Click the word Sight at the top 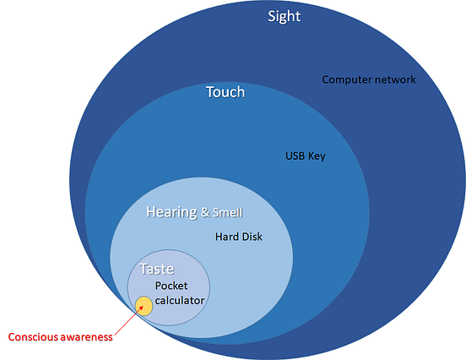284,16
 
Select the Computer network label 368,79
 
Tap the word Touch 225,91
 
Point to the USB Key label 305,156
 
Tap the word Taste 156,270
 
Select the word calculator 180,300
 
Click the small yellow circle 144,305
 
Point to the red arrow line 123,320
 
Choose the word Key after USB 317,156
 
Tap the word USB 295,156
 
